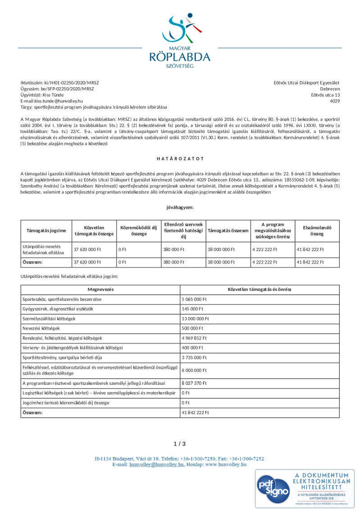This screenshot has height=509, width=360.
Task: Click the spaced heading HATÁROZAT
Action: [x=180, y=159]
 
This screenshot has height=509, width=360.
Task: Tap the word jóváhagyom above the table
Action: [x=180, y=207]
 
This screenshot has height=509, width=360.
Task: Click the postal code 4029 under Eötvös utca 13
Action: [x=335, y=101]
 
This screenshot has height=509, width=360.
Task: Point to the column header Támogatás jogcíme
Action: [x=46, y=231]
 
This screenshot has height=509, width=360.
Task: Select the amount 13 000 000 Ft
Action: [x=196, y=319]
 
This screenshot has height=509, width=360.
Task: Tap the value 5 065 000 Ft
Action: [x=194, y=299]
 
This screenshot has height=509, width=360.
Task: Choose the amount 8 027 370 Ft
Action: [x=194, y=383]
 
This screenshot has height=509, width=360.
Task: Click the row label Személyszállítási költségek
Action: [x=49, y=319]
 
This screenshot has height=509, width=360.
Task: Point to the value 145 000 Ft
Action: [x=193, y=309]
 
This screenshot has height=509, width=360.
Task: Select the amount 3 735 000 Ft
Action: [x=194, y=357]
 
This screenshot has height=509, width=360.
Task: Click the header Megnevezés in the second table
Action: [x=100, y=290]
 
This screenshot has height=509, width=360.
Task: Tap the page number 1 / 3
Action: [x=180, y=444]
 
